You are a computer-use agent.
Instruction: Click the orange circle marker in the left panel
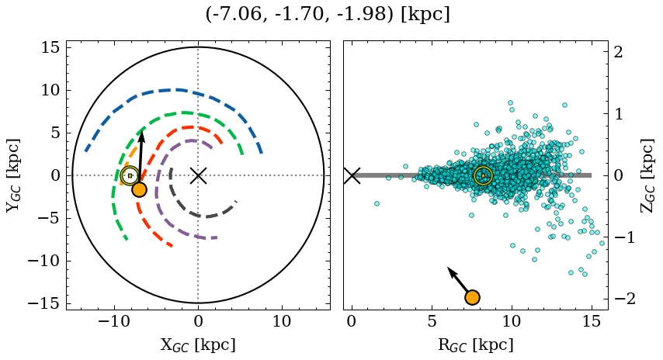pos(139,189)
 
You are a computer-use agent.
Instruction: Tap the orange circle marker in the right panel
pos(471,297)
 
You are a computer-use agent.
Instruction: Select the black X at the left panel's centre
pos(198,175)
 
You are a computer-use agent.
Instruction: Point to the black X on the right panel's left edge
pos(352,175)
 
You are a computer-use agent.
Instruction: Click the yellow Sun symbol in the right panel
pos(483,175)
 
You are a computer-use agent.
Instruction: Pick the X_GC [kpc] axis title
pos(198,344)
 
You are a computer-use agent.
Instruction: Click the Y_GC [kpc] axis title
pos(13,175)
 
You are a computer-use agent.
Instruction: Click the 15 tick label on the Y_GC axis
pos(50,48)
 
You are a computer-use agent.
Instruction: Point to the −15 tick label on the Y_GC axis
pos(44,303)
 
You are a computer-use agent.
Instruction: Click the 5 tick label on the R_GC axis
pos(432,321)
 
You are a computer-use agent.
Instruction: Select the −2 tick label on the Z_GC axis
pos(624,299)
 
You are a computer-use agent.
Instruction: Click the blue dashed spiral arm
pos(179,90)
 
